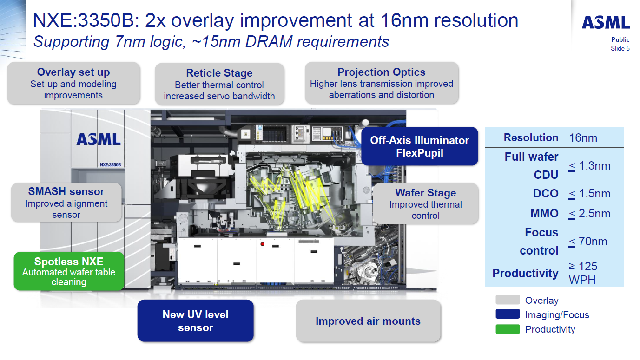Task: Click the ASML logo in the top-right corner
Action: pos(606,22)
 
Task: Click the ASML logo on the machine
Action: pos(99,139)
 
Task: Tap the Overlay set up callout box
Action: pos(73,83)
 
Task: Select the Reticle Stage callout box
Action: pos(219,85)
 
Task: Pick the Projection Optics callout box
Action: pos(382,83)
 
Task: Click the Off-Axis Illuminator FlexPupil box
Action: pos(419,146)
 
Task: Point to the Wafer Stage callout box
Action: pos(425,203)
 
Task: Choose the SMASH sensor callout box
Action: pos(66,203)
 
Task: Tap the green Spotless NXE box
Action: pos(69,271)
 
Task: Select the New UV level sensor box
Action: pos(195,321)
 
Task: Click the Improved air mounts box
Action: pos(368,321)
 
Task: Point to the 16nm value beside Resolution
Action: pos(583,137)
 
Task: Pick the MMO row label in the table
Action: pos(544,214)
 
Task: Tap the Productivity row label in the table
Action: pos(525,273)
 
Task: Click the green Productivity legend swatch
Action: pos(507,329)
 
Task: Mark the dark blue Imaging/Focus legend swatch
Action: pos(507,314)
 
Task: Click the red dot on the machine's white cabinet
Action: pos(262,244)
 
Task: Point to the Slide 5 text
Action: pos(620,48)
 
